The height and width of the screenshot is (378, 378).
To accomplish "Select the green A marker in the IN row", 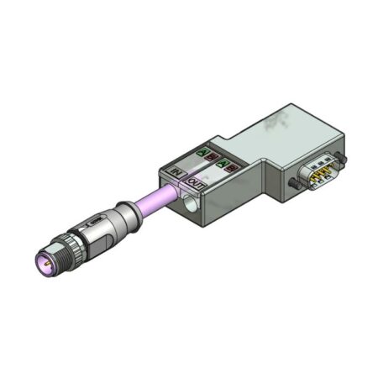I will (202, 153).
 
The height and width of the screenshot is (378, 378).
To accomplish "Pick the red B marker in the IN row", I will (212, 157).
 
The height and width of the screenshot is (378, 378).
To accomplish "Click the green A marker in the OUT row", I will (221, 163).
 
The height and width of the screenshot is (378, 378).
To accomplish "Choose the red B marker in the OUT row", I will (229, 168).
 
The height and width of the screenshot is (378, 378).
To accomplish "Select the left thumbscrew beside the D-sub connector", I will (293, 181).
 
